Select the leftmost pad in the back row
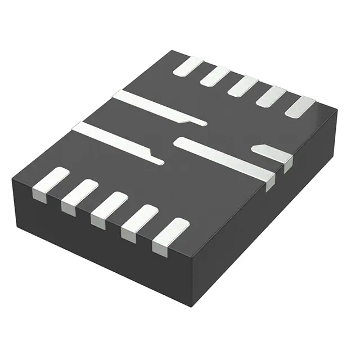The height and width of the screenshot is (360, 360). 188,66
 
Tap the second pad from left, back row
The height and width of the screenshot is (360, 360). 215,76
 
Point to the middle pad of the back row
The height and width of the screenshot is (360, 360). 242,86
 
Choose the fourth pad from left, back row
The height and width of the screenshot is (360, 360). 271,96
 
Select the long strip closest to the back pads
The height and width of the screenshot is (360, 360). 157,106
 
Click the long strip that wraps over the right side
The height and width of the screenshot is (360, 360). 225,158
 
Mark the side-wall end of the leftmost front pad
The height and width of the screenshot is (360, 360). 38,195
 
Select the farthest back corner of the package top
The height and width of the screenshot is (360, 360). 171,51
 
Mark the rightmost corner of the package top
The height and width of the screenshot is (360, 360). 337,110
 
